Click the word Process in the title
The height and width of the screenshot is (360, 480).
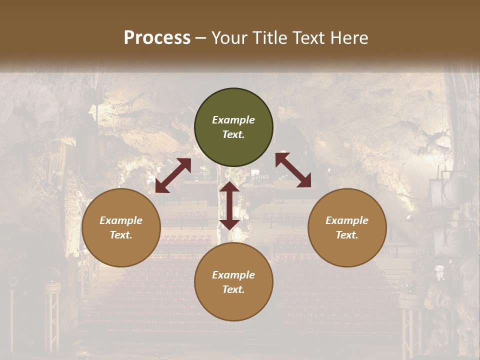(157, 38)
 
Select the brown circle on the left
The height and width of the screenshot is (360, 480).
(121, 227)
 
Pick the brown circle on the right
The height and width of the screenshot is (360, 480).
(347, 227)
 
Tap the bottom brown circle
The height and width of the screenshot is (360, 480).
(233, 282)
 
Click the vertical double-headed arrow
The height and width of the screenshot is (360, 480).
(229, 205)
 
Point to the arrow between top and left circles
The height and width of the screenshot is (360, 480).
(173, 175)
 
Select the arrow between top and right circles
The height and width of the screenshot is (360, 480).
(293, 170)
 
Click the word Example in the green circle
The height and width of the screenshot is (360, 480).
(233, 120)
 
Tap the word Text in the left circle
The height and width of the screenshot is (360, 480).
(121, 235)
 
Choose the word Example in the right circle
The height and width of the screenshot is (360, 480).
(347, 220)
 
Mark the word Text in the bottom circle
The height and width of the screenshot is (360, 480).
(233, 289)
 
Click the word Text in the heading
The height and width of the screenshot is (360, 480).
(309, 38)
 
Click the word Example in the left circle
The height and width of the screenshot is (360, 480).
(121, 220)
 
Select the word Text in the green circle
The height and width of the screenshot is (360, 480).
(233, 134)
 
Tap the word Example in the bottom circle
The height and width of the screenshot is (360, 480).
(233, 275)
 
